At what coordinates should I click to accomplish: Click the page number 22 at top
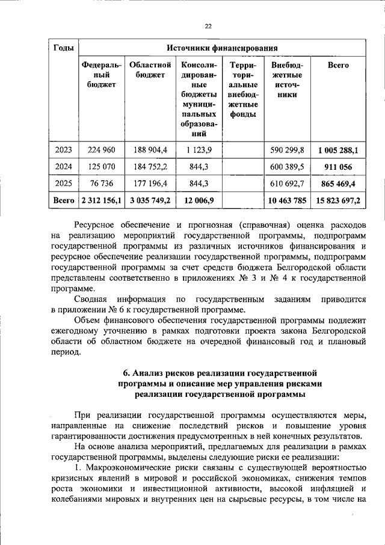[208, 26]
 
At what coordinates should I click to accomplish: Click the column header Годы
[64, 48]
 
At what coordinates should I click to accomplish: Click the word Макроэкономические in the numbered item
[131, 468]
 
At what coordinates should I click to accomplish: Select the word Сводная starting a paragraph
[90, 299]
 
